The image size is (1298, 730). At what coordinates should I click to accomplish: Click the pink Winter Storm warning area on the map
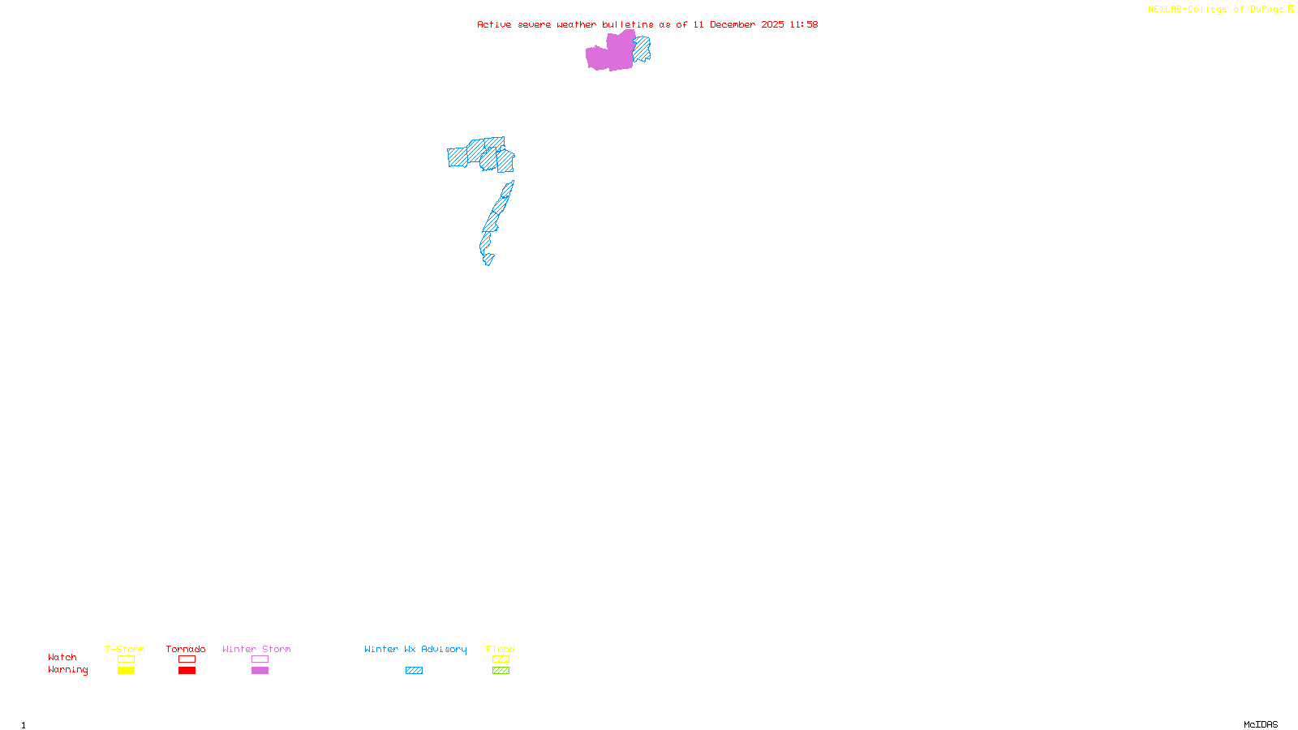click(610, 54)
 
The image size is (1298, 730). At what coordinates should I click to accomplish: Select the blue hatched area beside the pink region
click(642, 49)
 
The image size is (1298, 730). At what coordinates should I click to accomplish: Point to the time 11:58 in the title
click(804, 24)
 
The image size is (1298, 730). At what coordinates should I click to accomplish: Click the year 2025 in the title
click(772, 24)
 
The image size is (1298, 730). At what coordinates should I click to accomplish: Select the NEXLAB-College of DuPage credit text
click(1215, 10)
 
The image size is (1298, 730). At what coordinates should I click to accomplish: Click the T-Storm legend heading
click(125, 649)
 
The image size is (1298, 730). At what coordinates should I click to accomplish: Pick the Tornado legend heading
click(186, 649)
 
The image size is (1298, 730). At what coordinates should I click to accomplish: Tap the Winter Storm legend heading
click(256, 649)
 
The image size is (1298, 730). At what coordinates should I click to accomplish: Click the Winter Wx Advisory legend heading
click(415, 649)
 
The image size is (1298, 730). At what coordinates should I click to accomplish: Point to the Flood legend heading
click(501, 649)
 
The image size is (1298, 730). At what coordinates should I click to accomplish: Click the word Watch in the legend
click(62, 657)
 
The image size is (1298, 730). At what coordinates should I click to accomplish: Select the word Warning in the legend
click(68, 670)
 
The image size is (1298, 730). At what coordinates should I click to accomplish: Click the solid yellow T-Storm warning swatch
click(126, 671)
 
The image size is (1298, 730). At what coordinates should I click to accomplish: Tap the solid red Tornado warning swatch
click(187, 671)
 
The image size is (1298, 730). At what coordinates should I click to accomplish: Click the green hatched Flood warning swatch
click(501, 671)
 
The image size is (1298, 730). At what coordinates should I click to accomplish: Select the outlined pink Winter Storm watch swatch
click(260, 659)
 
